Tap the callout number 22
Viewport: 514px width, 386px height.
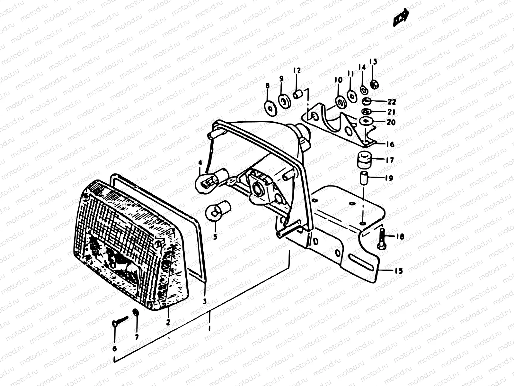392,102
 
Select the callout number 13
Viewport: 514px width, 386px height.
373,62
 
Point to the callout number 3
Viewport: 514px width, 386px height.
204,301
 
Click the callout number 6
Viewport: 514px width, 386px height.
115,348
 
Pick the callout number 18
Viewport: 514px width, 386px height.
400,237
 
